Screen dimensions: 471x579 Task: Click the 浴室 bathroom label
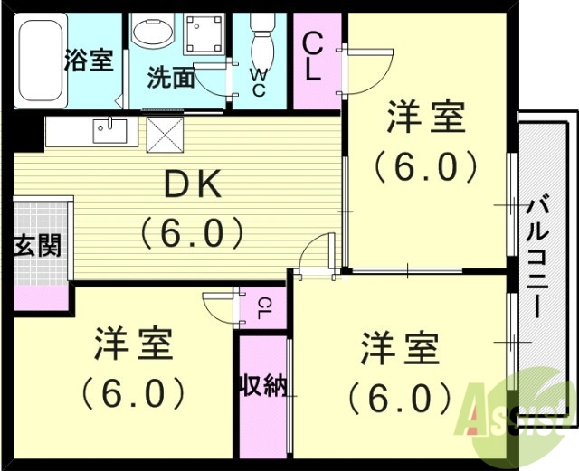click(89, 61)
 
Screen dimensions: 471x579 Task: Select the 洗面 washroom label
click(171, 79)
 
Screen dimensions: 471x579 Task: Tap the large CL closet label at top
click(313, 57)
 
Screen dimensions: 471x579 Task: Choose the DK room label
click(191, 185)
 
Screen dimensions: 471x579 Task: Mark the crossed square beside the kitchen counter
click(166, 135)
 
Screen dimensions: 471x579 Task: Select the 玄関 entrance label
click(37, 245)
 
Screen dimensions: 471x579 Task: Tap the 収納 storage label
click(262, 386)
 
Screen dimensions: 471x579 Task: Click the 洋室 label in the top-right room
click(426, 118)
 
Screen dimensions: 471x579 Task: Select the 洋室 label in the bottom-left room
click(133, 344)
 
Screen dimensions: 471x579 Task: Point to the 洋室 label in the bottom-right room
click(400, 347)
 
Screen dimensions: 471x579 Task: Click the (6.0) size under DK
click(191, 233)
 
